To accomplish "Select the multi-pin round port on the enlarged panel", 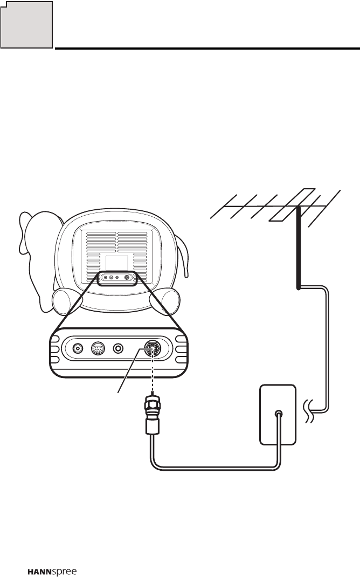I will click(x=98, y=348).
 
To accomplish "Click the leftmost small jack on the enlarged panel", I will click(x=78, y=348).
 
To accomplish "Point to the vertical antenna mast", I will click(x=297, y=248).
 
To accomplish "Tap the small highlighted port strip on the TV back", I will click(x=117, y=278).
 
